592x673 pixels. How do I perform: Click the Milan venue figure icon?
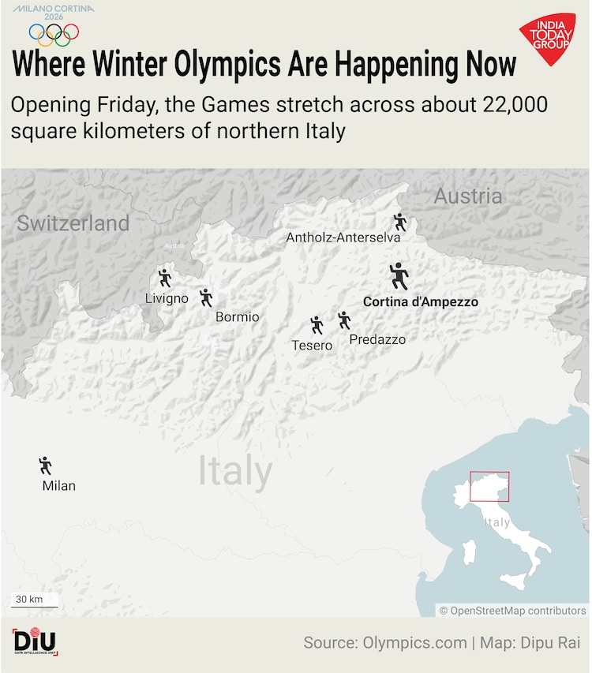coord(45,465)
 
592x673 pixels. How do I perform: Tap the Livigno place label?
coord(167,298)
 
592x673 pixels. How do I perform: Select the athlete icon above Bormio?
coord(206,297)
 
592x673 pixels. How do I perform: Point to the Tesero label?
coord(312,345)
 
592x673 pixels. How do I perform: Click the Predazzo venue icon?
coord(344,320)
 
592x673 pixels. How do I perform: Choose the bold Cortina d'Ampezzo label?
coord(420,301)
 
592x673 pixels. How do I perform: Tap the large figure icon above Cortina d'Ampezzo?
coord(399,276)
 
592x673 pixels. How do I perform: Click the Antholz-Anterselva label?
coord(343,237)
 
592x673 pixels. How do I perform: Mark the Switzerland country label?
coord(73,223)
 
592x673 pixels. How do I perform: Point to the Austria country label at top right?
coord(467,196)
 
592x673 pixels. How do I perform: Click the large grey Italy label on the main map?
coord(234,470)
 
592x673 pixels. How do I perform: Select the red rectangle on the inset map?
coord(489,486)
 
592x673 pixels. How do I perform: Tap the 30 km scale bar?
coord(33,601)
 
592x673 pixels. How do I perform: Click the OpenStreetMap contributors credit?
coord(512,610)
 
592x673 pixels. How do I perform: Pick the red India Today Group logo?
coord(546,38)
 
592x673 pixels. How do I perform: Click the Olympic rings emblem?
coord(54,33)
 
